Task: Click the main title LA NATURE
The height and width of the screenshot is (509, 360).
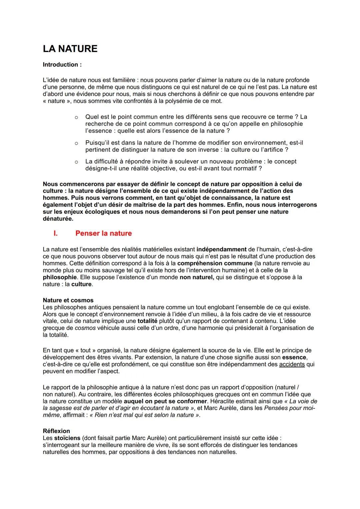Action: coord(70,49)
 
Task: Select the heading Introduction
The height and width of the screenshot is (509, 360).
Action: coord(62,65)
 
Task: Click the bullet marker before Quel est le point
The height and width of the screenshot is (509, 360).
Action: coord(76,117)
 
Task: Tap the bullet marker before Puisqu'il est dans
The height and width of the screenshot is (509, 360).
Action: coord(76,143)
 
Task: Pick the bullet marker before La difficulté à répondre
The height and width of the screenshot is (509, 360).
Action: coord(76,162)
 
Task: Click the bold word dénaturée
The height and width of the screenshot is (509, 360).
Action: coord(58,219)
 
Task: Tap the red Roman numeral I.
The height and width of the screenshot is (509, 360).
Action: coord(56,234)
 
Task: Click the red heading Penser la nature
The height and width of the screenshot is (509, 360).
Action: coord(103,234)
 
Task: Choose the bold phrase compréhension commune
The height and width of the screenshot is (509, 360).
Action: coord(215,263)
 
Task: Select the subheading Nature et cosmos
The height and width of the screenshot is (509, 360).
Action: coord(68,300)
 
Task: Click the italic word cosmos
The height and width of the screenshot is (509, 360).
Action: coord(85,328)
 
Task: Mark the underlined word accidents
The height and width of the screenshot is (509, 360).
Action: coord(292,364)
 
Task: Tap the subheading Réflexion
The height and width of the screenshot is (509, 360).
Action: coord(56,431)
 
